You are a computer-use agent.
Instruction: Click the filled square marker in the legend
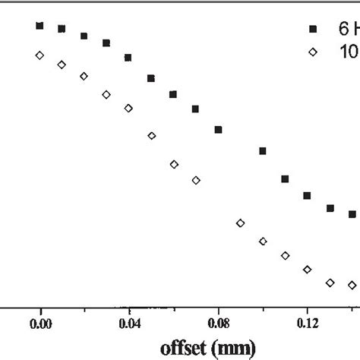(x=312, y=30)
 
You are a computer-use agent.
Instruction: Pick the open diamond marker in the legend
(x=312, y=52)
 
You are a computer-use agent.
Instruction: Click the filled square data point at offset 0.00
(x=39, y=26)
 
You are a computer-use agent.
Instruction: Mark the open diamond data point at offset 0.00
(x=39, y=55)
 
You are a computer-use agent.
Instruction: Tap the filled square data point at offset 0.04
(x=128, y=58)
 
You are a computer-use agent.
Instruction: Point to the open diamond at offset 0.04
(x=128, y=109)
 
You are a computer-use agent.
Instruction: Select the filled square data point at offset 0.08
(x=218, y=130)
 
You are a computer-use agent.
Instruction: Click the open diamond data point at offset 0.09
(x=240, y=223)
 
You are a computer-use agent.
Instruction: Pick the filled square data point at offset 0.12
(x=307, y=196)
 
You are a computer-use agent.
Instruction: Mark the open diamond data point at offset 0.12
(x=307, y=269)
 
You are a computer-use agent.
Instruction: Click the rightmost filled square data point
(x=352, y=215)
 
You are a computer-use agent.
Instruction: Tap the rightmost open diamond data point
(x=352, y=285)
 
